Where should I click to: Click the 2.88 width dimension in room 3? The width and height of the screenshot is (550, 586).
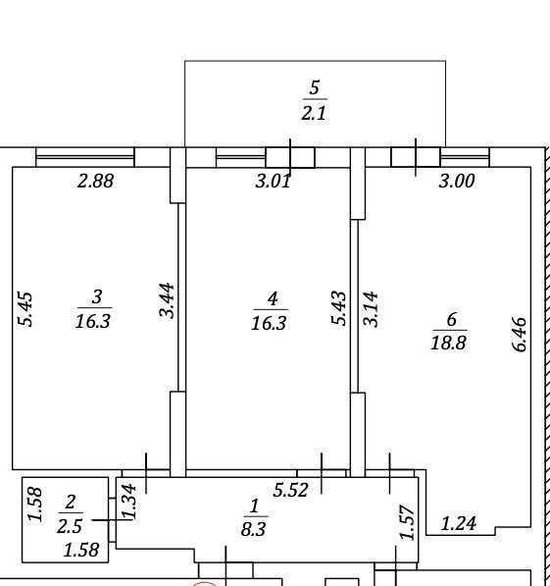[x=95, y=181]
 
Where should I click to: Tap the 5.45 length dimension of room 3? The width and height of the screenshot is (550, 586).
[x=26, y=309]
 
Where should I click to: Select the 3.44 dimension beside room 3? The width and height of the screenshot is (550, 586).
[x=167, y=300]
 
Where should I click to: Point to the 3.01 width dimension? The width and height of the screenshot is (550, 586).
[x=273, y=182]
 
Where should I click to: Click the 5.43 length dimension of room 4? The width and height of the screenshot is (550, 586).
[x=339, y=308]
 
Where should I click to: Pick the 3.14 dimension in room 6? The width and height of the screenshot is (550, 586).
[x=372, y=309]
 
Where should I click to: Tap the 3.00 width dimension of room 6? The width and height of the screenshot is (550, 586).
[x=457, y=181]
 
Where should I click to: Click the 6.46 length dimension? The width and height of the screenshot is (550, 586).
[x=519, y=335]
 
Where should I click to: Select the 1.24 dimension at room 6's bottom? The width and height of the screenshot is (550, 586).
[x=459, y=523]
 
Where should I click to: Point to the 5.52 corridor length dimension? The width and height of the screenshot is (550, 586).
[x=290, y=490]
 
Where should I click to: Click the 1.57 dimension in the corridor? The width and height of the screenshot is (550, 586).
[x=408, y=522]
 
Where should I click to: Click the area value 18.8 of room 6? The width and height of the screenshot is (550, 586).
[x=448, y=343]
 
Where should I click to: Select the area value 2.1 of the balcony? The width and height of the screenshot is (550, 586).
[x=314, y=113]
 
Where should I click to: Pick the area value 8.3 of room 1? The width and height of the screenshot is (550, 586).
[x=253, y=529]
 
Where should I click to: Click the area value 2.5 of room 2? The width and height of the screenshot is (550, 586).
[x=70, y=526]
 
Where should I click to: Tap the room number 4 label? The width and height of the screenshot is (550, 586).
[x=273, y=299]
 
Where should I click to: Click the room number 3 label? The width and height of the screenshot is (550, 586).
[x=97, y=297]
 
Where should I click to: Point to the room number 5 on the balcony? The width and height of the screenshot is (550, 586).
[x=315, y=87]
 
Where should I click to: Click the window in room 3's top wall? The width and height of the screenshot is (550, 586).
[x=85, y=157]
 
